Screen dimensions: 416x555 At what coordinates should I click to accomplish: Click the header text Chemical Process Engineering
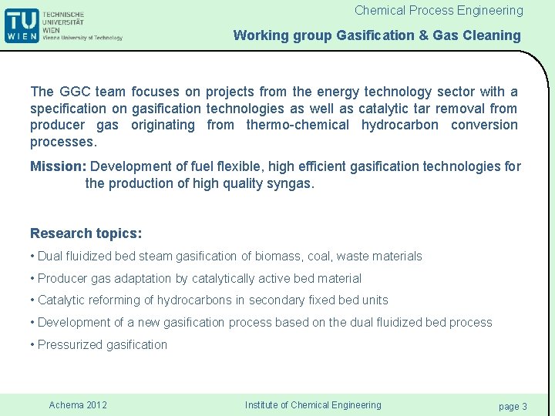tap(439, 11)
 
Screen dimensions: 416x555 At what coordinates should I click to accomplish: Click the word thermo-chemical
tap(297, 125)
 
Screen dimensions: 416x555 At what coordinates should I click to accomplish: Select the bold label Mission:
tap(59, 166)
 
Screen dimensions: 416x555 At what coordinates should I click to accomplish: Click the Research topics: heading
tap(86, 233)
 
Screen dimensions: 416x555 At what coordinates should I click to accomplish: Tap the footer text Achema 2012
tap(78, 405)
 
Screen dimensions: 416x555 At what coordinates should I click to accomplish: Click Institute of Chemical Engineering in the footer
tap(313, 405)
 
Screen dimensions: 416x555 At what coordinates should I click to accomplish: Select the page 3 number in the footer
tap(513, 406)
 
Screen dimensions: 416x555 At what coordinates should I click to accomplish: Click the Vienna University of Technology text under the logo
tap(82, 38)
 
